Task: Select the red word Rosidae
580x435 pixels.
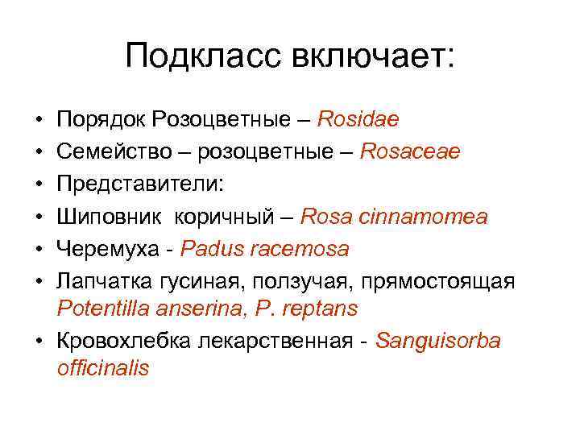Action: point(358,120)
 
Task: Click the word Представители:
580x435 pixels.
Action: point(142,184)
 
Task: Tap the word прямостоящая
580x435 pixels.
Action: point(439,280)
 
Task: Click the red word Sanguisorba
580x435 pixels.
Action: point(437,341)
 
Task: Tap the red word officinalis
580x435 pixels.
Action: point(103,369)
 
